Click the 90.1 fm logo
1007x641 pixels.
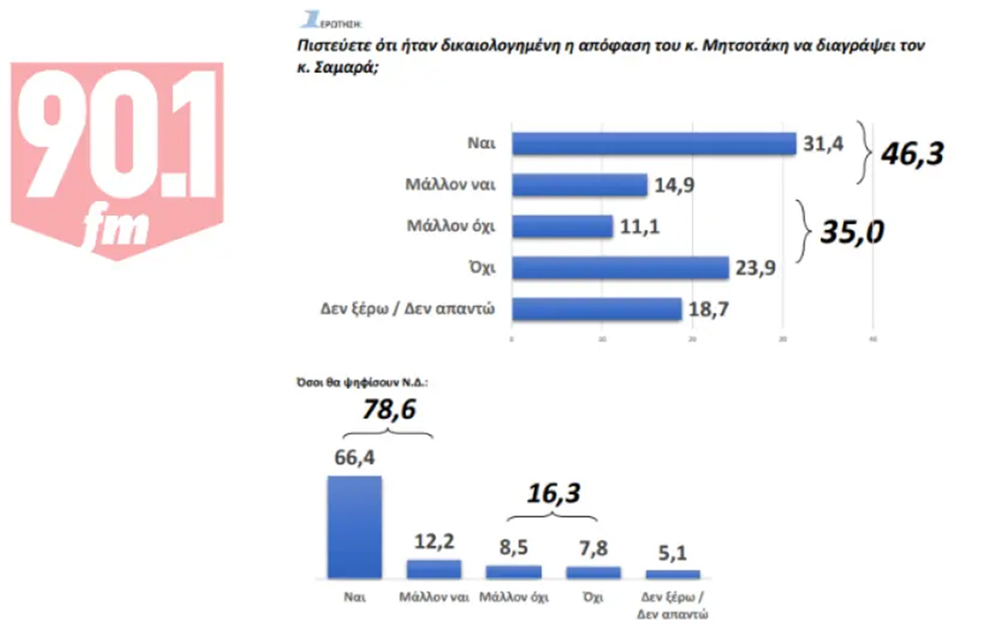117,159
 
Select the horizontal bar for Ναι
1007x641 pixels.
653,143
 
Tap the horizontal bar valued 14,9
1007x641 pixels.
580,185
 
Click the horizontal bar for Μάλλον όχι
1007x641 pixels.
562,226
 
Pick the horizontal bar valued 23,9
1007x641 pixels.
620,267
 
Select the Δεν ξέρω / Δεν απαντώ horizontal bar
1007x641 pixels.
597,309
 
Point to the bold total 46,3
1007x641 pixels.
912,154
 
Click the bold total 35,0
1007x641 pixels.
852,232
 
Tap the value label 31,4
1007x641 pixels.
823,143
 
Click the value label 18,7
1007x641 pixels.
709,309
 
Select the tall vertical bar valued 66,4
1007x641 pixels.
354,527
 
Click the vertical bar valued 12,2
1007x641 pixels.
434,569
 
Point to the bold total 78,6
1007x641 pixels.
389,410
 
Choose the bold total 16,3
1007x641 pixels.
553,494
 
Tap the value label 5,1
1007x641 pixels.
672,553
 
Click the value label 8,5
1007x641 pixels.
514,548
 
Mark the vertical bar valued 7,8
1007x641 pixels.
593,572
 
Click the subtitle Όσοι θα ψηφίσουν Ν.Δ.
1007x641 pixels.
362,382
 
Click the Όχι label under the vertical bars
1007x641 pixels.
593,598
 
